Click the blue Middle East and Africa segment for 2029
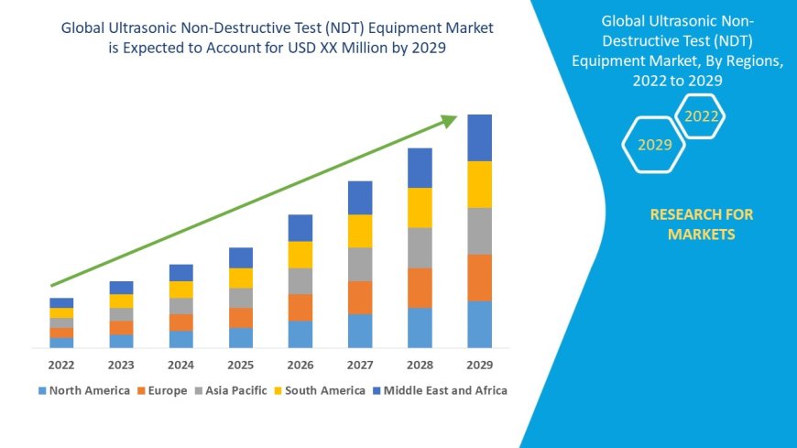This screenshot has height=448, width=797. [479, 137]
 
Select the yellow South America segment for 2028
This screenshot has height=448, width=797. [420, 207]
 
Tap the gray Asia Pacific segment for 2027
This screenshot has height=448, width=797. [360, 264]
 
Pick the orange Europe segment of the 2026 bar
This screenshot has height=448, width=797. [300, 307]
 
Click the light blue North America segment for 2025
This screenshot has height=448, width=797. [241, 337]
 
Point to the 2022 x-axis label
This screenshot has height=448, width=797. [61, 364]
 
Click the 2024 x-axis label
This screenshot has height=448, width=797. [180, 364]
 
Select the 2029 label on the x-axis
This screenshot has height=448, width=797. [479, 364]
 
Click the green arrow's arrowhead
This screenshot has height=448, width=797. [448, 120]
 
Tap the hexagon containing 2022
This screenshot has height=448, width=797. [701, 116]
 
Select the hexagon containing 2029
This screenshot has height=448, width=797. [654, 145]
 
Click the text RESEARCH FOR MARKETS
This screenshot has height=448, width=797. [701, 224]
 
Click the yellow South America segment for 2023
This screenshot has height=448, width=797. [122, 300]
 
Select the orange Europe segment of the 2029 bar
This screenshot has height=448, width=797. [479, 277]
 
